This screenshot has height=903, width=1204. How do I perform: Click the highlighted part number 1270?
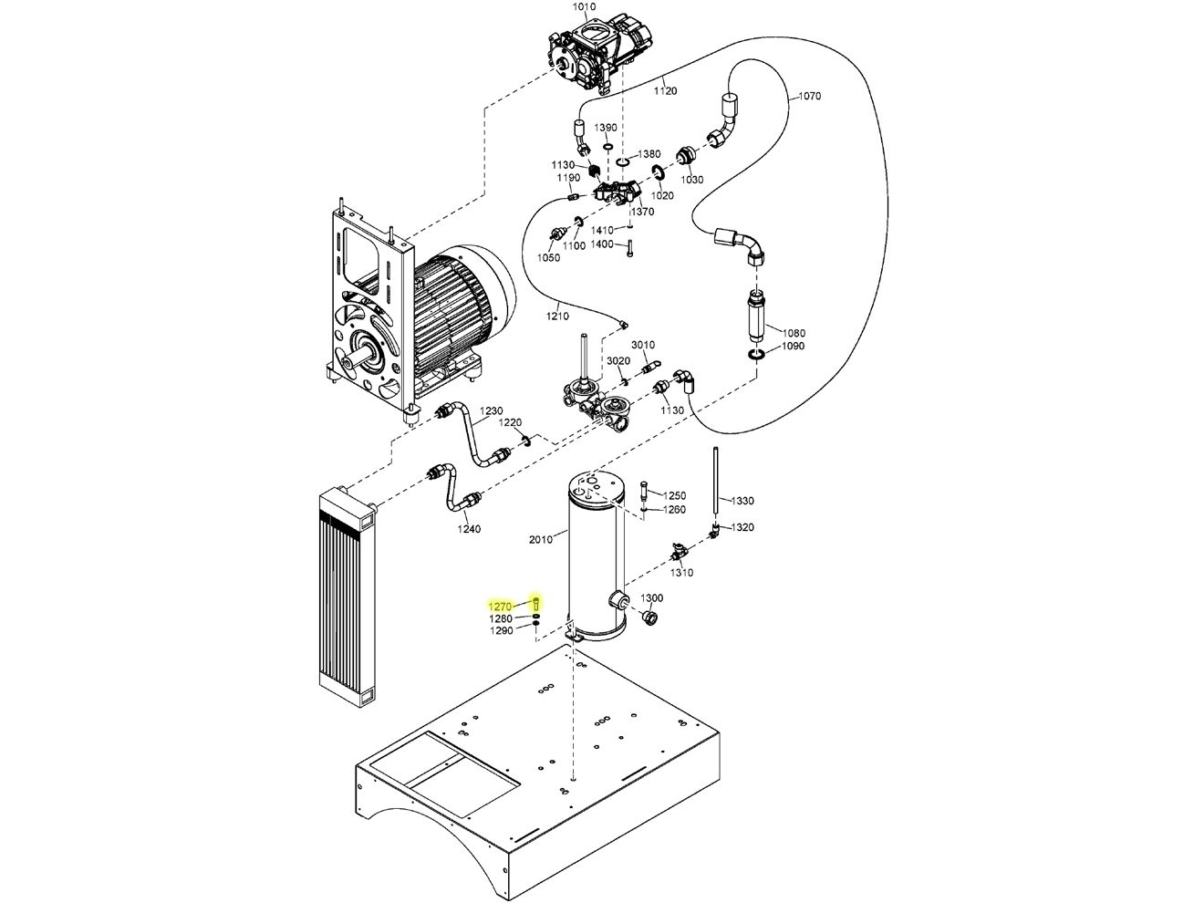coord(501,606)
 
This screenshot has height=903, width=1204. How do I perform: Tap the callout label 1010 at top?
coord(584,7)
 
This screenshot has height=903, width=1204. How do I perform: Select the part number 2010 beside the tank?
coord(541,539)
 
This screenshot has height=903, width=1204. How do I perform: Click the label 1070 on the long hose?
coord(809,96)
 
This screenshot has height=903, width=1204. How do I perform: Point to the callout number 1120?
coord(665,91)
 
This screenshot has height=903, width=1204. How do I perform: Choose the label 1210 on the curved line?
coord(557,317)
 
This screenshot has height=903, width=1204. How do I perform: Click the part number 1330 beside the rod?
coord(742,501)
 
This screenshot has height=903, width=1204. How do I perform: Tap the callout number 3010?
coord(643,345)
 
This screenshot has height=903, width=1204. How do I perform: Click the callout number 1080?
coord(794,333)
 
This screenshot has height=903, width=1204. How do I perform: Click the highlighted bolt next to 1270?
coord(536,603)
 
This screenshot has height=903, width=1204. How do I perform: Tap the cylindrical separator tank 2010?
coord(595,556)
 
